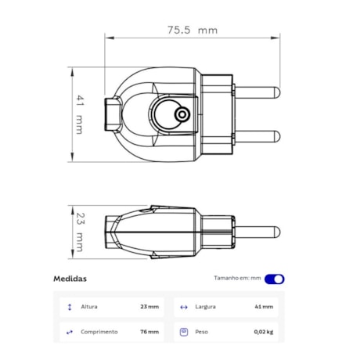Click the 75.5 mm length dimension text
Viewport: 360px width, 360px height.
point(192,30)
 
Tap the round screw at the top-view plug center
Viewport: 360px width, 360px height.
point(182,115)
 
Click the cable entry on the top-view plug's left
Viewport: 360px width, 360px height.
point(113,113)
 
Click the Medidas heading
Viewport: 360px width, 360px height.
point(70,279)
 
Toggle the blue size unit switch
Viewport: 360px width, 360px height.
point(275,279)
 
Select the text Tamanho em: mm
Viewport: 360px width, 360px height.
point(237,279)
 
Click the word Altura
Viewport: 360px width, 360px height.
point(89,307)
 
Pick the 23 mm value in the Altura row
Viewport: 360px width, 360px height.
point(149,307)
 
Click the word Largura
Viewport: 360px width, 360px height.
point(206,307)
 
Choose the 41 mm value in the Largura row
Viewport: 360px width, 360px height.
point(263,307)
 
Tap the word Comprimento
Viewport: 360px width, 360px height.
point(99,332)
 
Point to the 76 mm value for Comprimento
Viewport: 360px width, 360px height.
point(149,332)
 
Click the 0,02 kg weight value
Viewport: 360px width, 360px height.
point(263,332)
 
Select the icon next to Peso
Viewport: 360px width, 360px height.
point(183,332)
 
